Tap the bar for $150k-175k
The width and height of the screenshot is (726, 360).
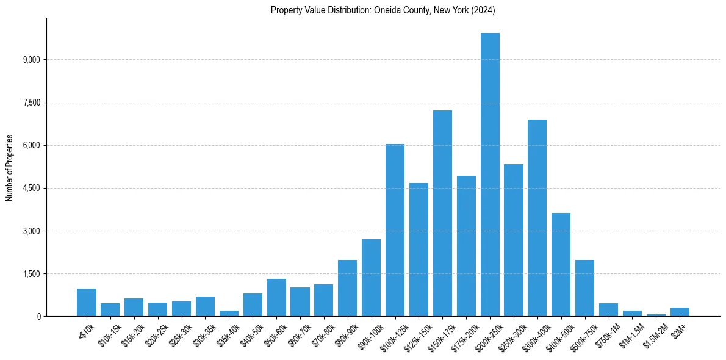click(442, 214)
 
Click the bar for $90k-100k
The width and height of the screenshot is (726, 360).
click(371, 278)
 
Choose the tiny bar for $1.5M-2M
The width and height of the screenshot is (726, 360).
click(656, 315)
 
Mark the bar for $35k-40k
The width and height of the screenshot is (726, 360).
click(229, 313)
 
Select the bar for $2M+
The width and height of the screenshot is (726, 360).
click(680, 312)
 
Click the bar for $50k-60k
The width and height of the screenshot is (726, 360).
click(276, 297)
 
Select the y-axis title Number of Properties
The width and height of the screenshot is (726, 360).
click(9, 167)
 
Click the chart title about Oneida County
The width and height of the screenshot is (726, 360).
click(383, 10)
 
